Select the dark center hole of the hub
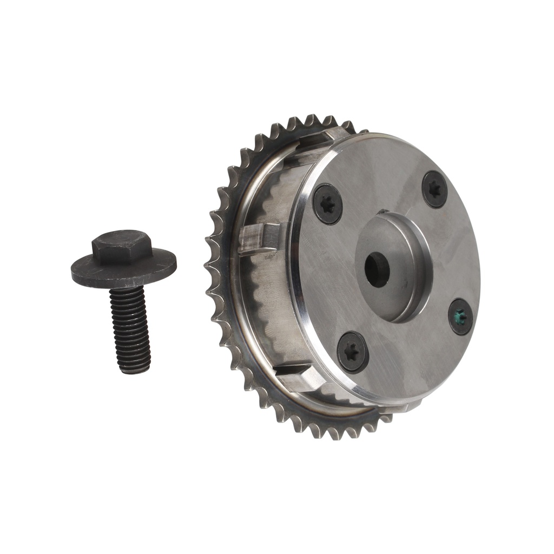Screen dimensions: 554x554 377,269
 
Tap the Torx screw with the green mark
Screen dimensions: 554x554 460,316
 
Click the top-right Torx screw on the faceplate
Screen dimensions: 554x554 434,189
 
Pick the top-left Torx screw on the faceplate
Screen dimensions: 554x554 327,204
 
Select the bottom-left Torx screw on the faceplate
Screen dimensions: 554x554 353,352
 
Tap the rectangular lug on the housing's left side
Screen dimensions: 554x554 259,239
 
